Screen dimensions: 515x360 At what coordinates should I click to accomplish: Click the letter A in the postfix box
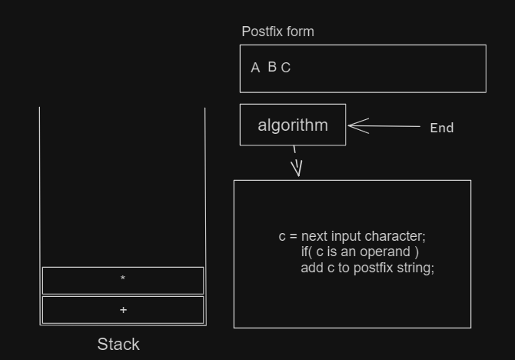coord(255,68)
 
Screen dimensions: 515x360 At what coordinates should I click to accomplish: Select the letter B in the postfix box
coord(272,67)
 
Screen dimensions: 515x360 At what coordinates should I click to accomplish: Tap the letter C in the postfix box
coord(286,68)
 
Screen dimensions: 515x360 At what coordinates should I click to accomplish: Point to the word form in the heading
coord(301,32)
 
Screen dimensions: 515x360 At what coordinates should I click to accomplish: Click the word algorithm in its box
coord(293,125)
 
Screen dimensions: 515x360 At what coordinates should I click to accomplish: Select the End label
coord(442,128)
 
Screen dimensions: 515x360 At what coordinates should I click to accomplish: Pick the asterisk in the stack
coord(123,278)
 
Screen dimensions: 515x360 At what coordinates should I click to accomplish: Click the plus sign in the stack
coord(123,310)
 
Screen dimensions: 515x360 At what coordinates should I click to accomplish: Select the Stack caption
coord(118,344)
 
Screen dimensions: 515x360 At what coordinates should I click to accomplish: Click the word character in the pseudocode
coord(395,236)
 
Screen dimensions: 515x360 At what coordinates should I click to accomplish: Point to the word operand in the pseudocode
coord(385,252)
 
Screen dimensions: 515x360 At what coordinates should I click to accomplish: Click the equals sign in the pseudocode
coord(294,237)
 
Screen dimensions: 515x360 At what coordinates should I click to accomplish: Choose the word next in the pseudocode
coord(314,236)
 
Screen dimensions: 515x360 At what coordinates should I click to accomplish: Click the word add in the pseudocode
coord(312,268)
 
